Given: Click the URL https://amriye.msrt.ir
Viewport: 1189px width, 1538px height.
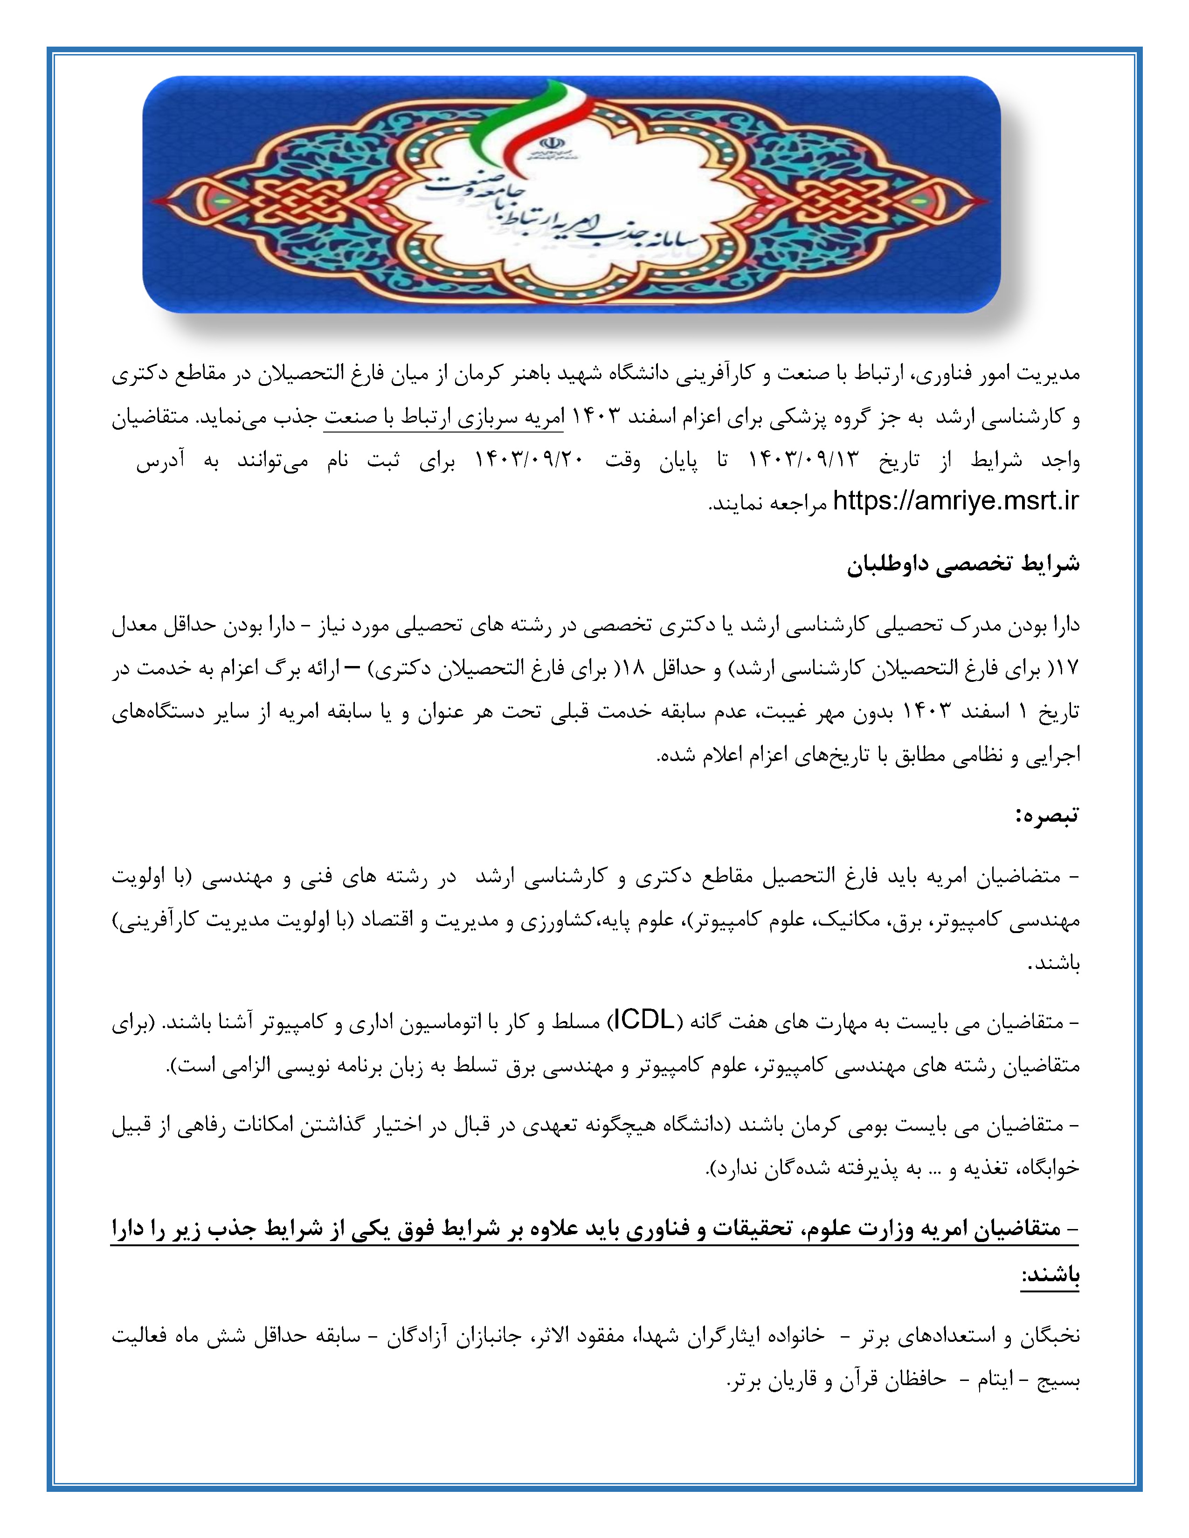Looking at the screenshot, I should pyautogui.click(x=955, y=501).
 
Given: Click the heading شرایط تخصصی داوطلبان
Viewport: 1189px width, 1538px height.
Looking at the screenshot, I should pyautogui.click(x=963, y=564).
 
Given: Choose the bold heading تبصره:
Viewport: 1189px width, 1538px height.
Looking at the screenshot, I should pyautogui.click(x=1047, y=816).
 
